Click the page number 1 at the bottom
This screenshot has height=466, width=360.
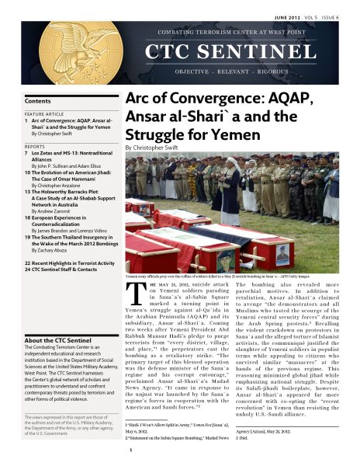(131, 450)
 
